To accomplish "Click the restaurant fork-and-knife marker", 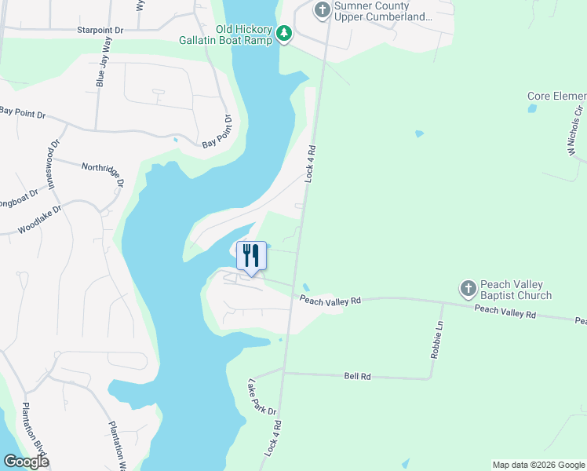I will pyautogui.click(x=251, y=255).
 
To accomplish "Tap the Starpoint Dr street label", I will pyautogui.click(x=100, y=30).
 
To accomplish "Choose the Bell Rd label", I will pyautogui.click(x=357, y=377).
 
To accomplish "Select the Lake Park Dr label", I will pyautogui.click(x=262, y=398).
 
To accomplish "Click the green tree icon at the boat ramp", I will pyautogui.click(x=283, y=33).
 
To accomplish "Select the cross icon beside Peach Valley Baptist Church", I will pyautogui.click(x=468, y=289).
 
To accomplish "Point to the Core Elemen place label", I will pyautogui.click(x=556, y=97).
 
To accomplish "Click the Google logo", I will pyautogui.click(x=25, y=462).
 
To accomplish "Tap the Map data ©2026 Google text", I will pyautogui.click(x=538, y=465).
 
